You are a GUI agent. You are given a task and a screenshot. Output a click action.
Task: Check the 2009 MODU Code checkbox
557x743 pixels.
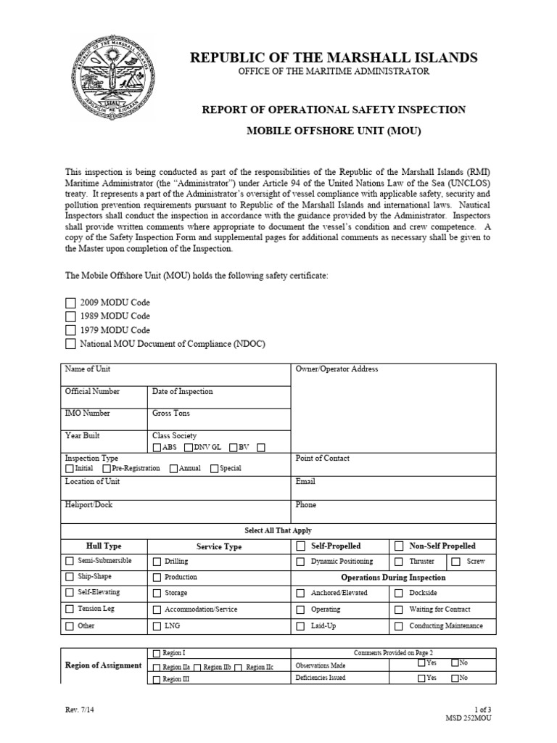pos(70,303)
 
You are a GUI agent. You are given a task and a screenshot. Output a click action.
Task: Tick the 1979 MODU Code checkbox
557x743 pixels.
pos(70,330)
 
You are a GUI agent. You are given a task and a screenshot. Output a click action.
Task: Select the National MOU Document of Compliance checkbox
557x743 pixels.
pos(70,344)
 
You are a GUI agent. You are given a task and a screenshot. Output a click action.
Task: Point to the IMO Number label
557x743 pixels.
pos(87,413)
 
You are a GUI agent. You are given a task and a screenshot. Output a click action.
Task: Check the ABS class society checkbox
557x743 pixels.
pos(157,448)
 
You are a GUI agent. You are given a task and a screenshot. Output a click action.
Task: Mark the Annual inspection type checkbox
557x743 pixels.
pos(173,469)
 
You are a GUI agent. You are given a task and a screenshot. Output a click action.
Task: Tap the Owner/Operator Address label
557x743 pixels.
pos(337,369)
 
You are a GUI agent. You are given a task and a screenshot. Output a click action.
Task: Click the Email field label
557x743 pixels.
pos(305,481)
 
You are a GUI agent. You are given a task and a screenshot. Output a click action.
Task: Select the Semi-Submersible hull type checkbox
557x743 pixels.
pos(70,561)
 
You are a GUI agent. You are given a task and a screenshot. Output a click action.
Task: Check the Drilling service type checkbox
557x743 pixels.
pos(157,561)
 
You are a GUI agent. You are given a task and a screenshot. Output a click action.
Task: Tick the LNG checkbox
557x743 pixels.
pos(157,626)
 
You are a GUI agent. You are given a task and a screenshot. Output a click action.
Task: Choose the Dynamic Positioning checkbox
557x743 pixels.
pos(300,561)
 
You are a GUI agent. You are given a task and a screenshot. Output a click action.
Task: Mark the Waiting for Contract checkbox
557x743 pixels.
pos(399,609)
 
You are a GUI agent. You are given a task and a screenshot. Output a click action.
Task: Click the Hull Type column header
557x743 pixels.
pos(104,546)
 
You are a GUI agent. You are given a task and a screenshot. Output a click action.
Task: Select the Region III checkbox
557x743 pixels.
pos(157,680)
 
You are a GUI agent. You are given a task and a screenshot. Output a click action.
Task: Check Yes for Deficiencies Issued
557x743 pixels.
pos(421,678)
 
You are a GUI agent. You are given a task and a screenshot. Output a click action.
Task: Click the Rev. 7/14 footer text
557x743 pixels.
pos(76,711)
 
